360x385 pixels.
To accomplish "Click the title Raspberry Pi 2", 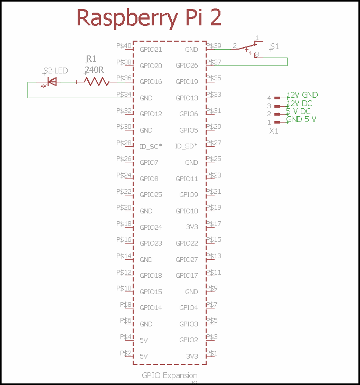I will (149, 17).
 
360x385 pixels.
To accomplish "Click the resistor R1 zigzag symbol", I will (97, 81).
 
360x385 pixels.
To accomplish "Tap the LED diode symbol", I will (52, 82).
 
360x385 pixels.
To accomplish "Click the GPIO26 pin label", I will (187, 65).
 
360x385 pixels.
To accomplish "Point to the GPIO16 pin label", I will (151, 82).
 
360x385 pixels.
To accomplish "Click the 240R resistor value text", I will (93, 69).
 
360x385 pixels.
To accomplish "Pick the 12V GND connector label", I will (302, 95).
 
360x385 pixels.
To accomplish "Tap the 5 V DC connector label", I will (298, 111).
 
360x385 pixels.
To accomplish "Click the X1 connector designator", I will (274, 130).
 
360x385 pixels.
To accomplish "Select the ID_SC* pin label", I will (150, 146).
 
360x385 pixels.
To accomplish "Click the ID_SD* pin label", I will (187, 146).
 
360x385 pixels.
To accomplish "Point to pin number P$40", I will (124, 46).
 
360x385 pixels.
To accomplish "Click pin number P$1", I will (211, 353).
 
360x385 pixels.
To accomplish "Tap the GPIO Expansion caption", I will (169, 375).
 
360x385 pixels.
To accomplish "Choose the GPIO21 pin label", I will (151, 50).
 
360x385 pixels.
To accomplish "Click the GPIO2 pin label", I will (189, 340).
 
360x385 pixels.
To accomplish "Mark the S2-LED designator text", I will (56, 70).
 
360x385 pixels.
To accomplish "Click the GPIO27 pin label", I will (187, 259).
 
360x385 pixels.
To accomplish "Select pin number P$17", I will (214, 223).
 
